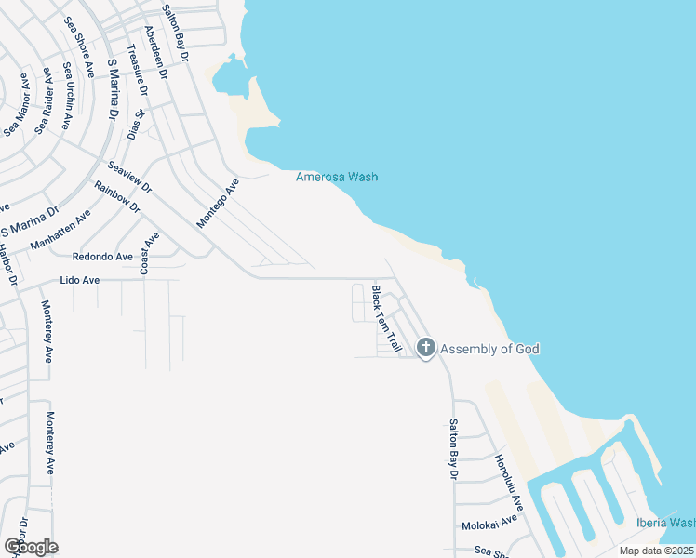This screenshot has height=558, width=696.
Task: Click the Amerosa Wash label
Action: point(337,177)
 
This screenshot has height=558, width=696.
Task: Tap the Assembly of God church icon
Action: point(426,349)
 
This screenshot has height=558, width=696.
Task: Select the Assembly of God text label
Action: point(489,349)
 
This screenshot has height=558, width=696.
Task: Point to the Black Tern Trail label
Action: point(385,319)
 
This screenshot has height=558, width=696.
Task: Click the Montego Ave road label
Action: point(218,204)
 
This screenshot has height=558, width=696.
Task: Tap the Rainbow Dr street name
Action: point(117,196)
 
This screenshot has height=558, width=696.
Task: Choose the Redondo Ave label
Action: point(103,256)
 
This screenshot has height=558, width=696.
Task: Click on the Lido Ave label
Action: point(79,280)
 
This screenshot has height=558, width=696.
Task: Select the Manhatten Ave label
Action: point(60,230)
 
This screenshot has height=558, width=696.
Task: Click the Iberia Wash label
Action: point(666,523)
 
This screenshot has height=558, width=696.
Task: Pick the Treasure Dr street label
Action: point(140,73)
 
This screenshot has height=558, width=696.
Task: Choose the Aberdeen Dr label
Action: point(161,56)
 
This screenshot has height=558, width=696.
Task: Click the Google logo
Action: point(31,547)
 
